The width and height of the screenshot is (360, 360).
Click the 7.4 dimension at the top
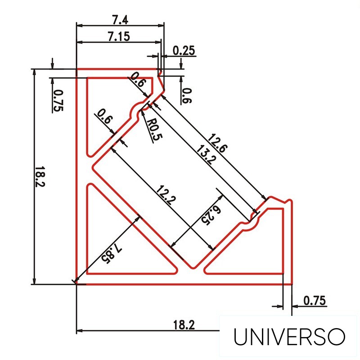[119, 20]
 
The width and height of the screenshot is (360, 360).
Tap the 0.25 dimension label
[184, 50]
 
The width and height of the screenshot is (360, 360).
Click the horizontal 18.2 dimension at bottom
[184, 324]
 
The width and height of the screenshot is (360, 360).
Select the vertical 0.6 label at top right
[186, 95]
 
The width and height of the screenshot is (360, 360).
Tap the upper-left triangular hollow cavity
[108, 108]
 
